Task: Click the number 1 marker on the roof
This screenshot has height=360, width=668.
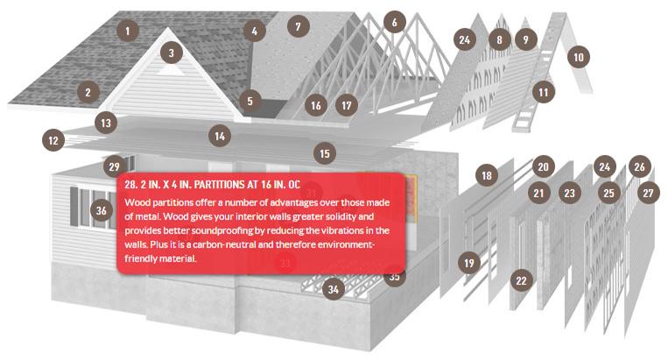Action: point(127,31)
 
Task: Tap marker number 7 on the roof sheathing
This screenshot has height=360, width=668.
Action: point(299,26)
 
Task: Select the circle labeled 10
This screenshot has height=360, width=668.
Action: point(579,57)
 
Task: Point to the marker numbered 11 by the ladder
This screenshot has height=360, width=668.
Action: point(544,92)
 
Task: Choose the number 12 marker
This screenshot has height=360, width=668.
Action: point(53,140)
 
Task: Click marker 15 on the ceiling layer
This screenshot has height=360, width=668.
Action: point(325,153)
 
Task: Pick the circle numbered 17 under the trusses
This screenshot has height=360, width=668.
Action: point(347,105)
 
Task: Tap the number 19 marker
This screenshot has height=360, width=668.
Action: point(469,263)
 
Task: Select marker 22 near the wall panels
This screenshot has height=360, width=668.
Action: point(522,280)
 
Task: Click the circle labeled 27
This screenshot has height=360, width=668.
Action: point(649,193)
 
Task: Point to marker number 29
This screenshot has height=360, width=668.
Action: point(114,166)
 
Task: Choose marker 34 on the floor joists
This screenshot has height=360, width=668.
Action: point(334,290)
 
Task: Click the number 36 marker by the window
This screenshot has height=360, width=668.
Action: point(102,210)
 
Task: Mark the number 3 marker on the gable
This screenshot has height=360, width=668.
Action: point(172,53)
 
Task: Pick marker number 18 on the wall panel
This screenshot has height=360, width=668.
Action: point(487,175)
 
